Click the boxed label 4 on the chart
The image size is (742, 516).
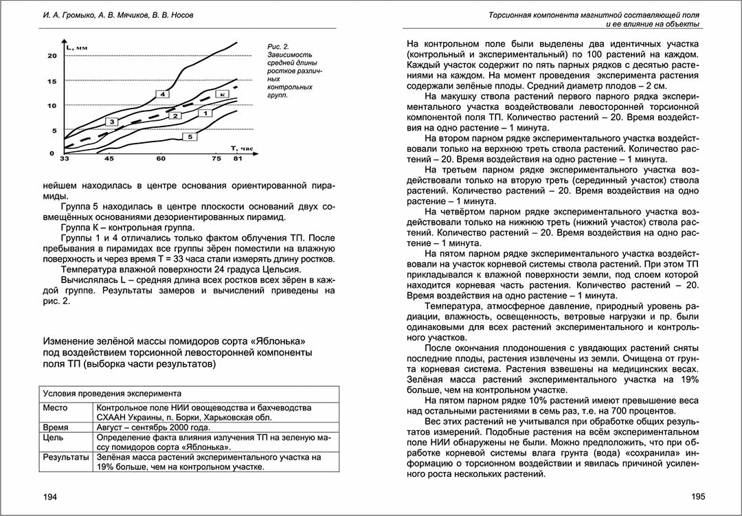pyautogui.click(x=163, y=93)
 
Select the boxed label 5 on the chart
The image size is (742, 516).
pyautogui.click(x=190, y=137)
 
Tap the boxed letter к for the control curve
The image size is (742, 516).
pyautogui.click(x=222, y=93)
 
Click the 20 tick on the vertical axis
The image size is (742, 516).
pyautogui.click(x=52, y=56)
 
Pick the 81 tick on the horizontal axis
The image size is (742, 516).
pyautogui.click(x=238, y=159)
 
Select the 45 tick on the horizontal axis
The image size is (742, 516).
pyautogui.click(x=109, y=159)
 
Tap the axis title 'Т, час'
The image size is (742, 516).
pyautogui.click(x=243, y=148)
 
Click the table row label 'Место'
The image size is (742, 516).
pyautogui.click(x=56, y=407)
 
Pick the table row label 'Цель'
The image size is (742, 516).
pyautogui.click(x=53, y=437)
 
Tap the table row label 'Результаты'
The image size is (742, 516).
pyautogui.click(x=66, y=456)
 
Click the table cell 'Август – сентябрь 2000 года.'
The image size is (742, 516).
pyautogui.click(x=155, y=427)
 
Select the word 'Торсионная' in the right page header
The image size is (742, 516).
pyautogui.click(x=513, y=14)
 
